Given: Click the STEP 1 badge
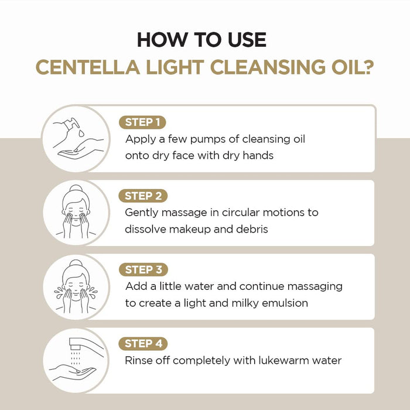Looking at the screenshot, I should (x=142, y=122).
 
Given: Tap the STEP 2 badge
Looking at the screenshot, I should (x=143, y=196).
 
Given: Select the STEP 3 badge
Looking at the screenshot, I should (x=143, y=270).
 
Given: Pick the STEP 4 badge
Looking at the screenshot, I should (x=143, y=344).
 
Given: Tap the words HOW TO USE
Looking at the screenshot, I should (x=201, y=40).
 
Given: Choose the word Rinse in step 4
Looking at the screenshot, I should (x=139, y=360).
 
